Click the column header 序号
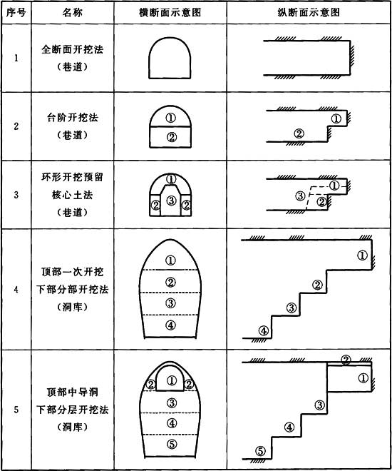(x=16, y=13)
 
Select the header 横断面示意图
(x=170, y=13)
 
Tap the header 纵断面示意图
(x=309, y=13)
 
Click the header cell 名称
(x=72, y=13)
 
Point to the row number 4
(x=16, y=290)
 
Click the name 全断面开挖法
(x=72, y=49)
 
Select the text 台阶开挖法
(x=72, y=118)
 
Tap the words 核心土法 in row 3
(x=72, y=195)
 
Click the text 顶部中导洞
(x=72, y=392)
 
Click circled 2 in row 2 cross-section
(x=171, y=138)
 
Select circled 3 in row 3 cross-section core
(x=171, y=201)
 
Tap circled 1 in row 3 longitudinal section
(x=334, y=186)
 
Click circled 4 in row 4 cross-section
(x=170, y=325)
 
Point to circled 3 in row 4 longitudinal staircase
(x=292, y=308)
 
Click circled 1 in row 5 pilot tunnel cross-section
(x=171, y=380)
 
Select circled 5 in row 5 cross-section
(x=172, y=444)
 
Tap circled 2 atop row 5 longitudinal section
(x=346, y=360)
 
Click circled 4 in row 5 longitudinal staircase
(x=289, y=427)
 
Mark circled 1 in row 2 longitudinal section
(x=336, y=119)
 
